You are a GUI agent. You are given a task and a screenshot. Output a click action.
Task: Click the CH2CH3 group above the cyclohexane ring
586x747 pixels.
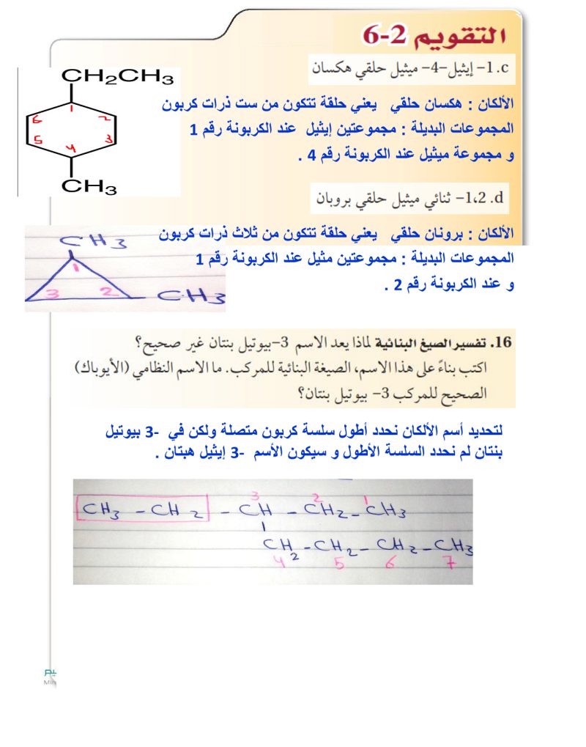[117, 76]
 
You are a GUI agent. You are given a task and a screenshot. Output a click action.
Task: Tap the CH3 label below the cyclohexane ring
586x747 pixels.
[89, 188]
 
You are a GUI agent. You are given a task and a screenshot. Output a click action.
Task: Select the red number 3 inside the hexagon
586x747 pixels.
[108, 137]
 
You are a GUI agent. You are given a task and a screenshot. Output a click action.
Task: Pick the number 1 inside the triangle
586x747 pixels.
[75, 268]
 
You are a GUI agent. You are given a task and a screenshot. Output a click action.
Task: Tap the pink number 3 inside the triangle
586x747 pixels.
[51, 294]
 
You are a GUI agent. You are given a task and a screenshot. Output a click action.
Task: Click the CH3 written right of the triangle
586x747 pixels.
[191, 298]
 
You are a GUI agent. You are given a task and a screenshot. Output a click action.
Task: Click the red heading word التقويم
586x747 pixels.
[462, 35]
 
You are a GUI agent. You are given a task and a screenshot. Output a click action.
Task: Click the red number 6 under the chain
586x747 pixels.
[396, 565]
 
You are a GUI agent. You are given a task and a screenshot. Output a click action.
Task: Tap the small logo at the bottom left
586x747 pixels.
[50, 675]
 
